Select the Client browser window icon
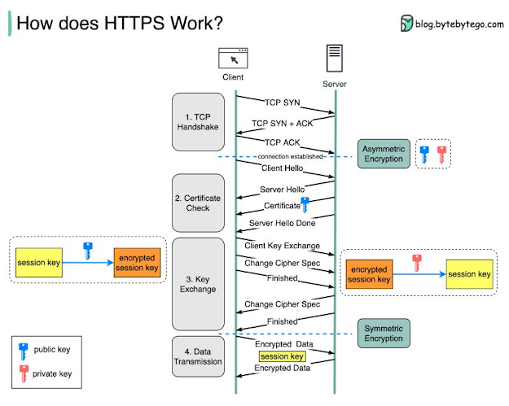tap(233, 59)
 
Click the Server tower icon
tap(335, 58)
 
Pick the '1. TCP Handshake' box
tap(198, 122)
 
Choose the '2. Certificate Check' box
tap(198, 202)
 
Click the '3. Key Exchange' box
tap(198, 282)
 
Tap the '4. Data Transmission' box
tap(198, 356)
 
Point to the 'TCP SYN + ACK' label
tap(282, 124)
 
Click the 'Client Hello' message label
tap(283, 168)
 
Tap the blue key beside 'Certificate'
tap(305, 205)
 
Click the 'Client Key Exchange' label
tap(282, 245)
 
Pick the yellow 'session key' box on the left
tap(38, 264)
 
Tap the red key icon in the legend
tap(24, 373)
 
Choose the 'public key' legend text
tap(53, 350)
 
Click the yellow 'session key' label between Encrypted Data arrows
tap(283, 356)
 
